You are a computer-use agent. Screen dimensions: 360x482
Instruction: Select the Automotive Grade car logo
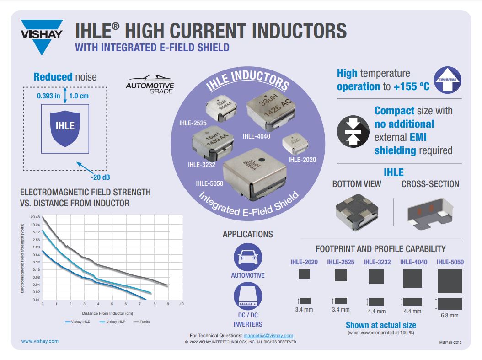click(x=150, y=84)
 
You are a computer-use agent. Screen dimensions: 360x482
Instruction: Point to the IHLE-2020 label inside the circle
click(x=302, y=160)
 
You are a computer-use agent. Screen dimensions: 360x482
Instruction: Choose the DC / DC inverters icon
click(x=248, y=296)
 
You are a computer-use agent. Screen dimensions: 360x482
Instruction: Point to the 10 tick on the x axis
click(x=182, y=304)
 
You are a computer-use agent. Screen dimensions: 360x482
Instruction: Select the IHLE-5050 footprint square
click(x=450, y=281)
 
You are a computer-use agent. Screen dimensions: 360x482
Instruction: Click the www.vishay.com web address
click(x=40, y=341)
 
